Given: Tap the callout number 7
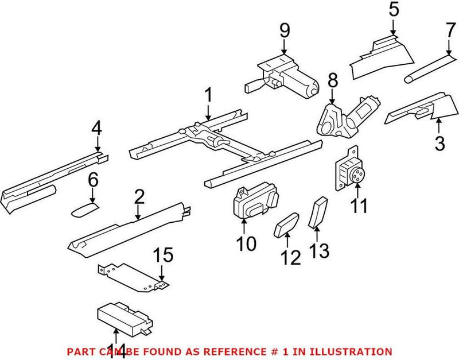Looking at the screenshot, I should point(449,29).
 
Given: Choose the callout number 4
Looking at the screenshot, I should point(96,129).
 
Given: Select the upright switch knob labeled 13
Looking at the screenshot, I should point(320,211).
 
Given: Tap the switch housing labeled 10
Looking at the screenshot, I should point(255,201).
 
